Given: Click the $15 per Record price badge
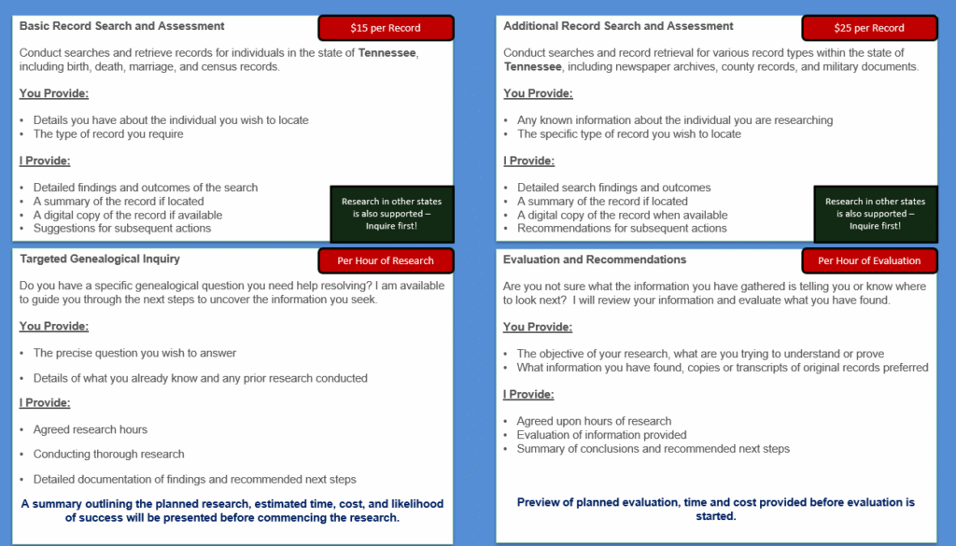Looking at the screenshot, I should point(386,28).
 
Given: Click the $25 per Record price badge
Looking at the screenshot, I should point(869,28).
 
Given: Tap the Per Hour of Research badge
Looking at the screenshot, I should point(386,260).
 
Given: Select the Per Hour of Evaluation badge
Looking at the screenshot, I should point(869,260).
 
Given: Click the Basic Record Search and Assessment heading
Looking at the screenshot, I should point(122,26).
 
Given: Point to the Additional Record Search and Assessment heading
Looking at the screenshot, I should point(618,26).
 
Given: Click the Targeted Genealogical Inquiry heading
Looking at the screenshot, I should point(100,259).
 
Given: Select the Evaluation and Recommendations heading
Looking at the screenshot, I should point(595,259).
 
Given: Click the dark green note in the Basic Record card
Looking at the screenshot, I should point(391,214).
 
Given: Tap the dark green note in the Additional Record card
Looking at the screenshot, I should point(875,214).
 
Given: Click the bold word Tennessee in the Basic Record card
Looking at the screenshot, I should point(387,52).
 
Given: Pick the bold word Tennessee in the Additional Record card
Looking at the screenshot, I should point(533,66).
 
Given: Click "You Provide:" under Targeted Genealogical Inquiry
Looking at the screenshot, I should point(54,327).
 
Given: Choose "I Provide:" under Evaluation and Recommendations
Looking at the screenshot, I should point(528,395).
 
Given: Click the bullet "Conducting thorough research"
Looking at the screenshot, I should point(109,455).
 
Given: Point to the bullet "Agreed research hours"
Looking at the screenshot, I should point(91,429).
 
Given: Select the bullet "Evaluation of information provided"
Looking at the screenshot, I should point(602,435).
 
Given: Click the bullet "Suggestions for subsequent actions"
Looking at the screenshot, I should point(122,229).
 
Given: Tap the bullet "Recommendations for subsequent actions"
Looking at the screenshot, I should point(622,229).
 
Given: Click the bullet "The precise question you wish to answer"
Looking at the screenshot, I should point(135,354).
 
